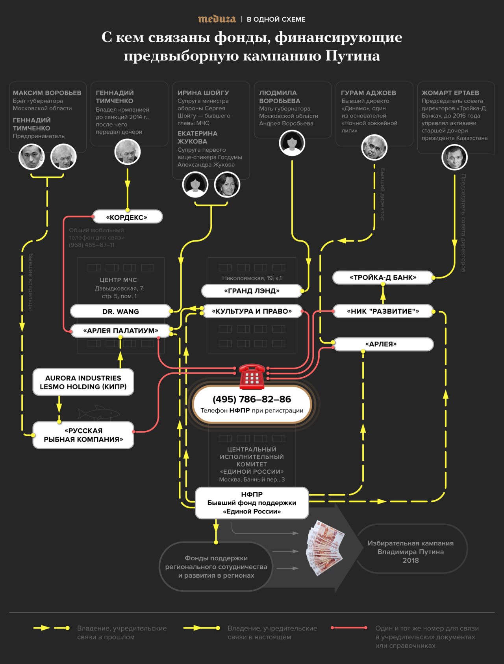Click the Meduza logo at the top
click(217, 19)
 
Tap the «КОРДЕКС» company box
click(127, 217)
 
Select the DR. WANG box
click(120, 311)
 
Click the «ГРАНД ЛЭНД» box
click(252, 291)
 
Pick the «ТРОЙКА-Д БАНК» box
click(383, 277)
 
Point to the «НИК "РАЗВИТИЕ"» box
click(383, 311)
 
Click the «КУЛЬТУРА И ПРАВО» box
click(252, 311)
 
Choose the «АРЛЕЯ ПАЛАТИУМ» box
click(120, 331)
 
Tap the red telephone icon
click(252, 376)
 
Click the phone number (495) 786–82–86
click(252, 399)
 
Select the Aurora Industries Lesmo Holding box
click(83, 382)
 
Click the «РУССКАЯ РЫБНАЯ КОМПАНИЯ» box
click(83, 435)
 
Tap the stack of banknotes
click(325, 548)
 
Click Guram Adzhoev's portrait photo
click(374, 147)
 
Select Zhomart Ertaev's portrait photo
click(454, 157)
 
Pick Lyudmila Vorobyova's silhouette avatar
click(292, 143)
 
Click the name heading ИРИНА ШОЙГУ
click(203, 93)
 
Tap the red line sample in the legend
click(349, 628)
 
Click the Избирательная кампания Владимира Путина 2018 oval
click(411, 552)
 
